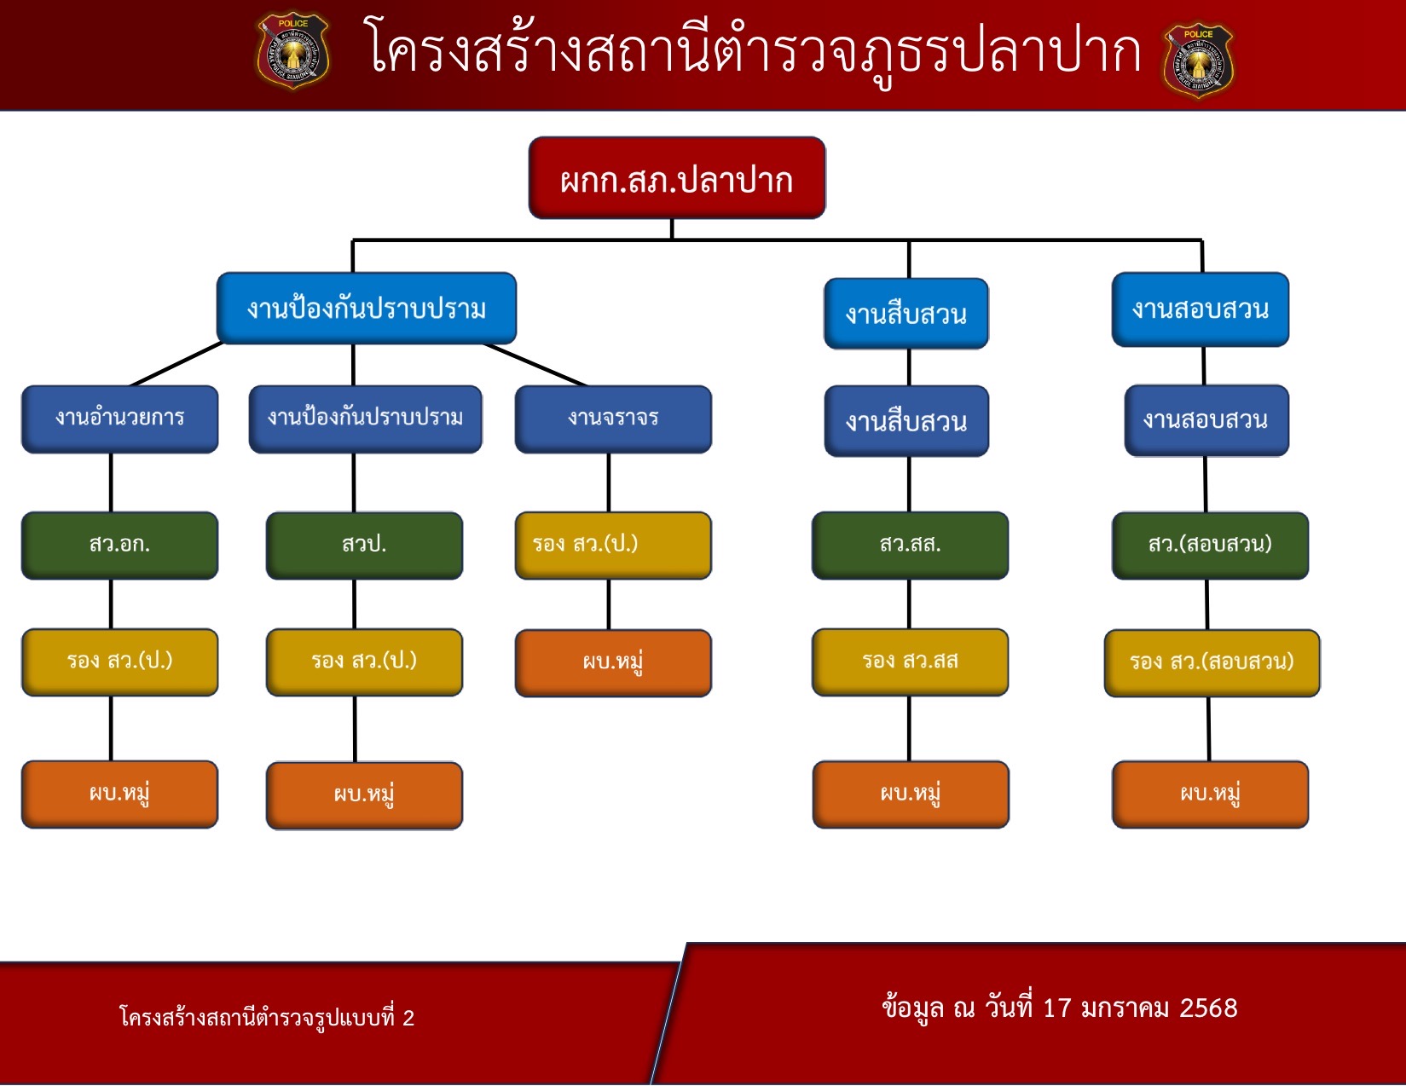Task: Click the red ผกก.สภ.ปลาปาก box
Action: click(677, 178)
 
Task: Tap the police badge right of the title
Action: click(1198, 61)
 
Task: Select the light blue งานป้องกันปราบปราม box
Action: click(367, 308)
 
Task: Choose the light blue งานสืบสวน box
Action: click(906, 314)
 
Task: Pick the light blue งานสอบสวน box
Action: click(1201, 309)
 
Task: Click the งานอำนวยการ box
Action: click(119, 419)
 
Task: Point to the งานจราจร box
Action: click(613, 419)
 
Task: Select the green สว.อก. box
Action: click(119, 546)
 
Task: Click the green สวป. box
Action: click(364, 546)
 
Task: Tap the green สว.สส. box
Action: click(911, 546)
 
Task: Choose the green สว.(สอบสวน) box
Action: click(1210, 546)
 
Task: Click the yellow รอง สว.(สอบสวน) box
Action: click(1212, 663)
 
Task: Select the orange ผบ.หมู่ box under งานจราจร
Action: click(613, 663)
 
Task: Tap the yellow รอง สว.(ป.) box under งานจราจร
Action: click(613, 546)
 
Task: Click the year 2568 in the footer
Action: click(1208, 1008)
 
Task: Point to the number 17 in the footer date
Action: click(1057, 1008)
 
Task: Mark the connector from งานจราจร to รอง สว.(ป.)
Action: click(609, 482)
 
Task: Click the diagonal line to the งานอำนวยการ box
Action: click(176, 364)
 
